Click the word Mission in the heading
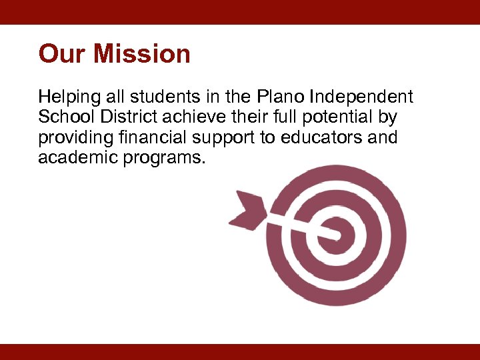coord(141,54)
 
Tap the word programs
coord(169,159)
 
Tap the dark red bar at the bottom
coord(240,352)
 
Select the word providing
coord(74,139)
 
